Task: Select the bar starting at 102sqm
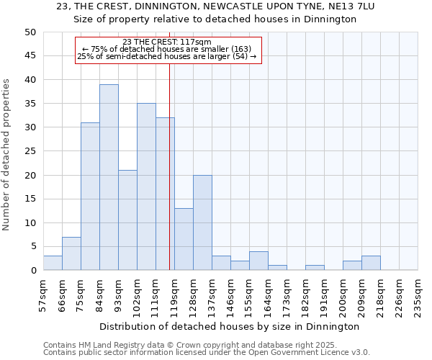pyautogui.click(x=146, y=186)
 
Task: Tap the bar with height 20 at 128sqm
pyautogui.click(x=202, y=222)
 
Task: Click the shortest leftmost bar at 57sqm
pyautogui.click(x=53, y=263)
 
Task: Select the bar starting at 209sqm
pyautogui.click(x=371, y=263)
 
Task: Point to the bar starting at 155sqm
pyautogui.click(x=258, y=261)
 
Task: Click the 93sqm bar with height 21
pyautogui.click(x=127, y=220)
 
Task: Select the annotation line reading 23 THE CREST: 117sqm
pyautogui.click(x=167, y=42)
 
